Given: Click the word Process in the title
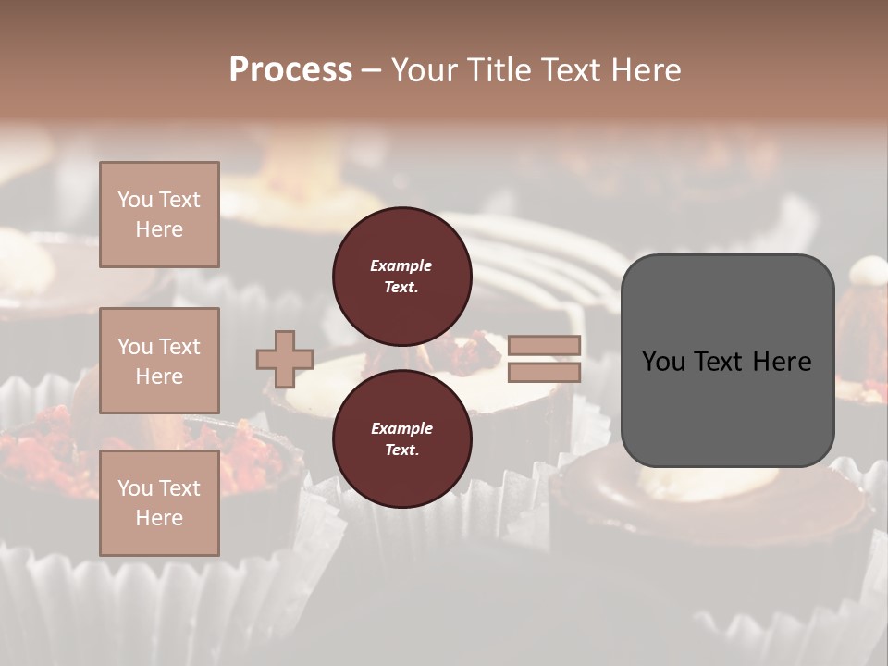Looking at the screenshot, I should tap(290, 70).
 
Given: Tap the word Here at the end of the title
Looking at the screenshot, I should tap(644, 70).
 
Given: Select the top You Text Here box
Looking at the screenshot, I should tap(159, 215).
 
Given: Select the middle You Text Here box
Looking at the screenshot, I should tap(159, 361).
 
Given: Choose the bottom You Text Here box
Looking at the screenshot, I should tap(159, 502).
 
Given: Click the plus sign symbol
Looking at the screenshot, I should tap(285, 359).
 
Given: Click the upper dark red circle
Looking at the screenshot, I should tap(402, 277).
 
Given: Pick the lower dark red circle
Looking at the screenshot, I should tap(402, 439).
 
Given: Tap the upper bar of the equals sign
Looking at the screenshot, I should tap(545, 346).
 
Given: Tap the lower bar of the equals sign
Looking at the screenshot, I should tap(545, 373).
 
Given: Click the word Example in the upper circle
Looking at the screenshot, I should tap(401, 265).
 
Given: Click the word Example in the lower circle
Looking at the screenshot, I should tap(401, 428).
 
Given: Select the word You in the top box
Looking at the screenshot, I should tap(135, 200).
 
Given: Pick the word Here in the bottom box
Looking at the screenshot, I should tap(159, 518).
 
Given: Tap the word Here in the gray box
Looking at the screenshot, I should tap(782, 362).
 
